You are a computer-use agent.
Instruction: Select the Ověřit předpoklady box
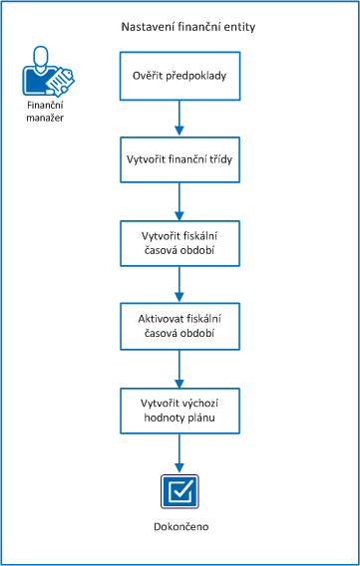[x=180, y=76]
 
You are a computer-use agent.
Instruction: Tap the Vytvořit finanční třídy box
[x=180, y=159]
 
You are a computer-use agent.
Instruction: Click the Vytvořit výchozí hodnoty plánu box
[x=180, y=411]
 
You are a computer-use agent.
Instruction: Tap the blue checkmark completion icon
[x=180, y=490]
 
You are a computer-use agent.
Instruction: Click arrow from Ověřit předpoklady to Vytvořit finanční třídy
[x=180, y=118]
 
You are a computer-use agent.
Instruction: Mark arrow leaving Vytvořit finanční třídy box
[x=180, y=201]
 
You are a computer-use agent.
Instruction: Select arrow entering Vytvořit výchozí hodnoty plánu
[x=180, y=369]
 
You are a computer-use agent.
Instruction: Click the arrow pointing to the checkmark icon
[x=180, y=452]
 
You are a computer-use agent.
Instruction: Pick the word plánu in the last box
[x=203, y=419]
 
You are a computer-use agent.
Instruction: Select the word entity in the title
[x=236, y=27]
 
